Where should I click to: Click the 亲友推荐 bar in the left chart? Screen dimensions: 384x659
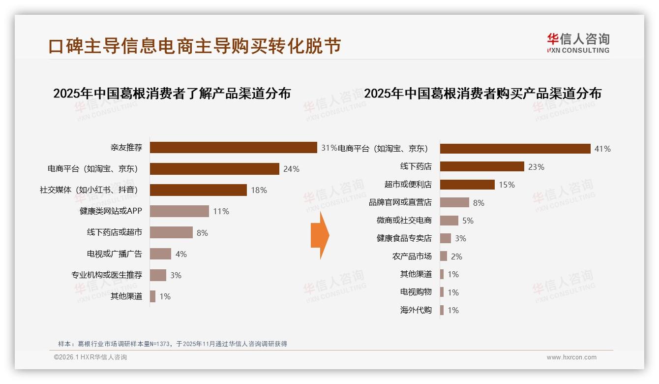click(233, 147)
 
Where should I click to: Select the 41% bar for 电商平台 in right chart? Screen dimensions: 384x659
click(515, 149)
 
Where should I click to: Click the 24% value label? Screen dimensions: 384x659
click(291, 169)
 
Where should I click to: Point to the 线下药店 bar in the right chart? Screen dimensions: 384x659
click(482, 166)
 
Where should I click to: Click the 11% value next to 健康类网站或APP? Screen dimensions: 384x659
click(221, 211)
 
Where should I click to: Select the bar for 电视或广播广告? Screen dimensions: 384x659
click(160, 254)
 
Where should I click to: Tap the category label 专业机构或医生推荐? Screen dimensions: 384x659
click(107, 275)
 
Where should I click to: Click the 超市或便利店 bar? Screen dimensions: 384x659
click(467, 185)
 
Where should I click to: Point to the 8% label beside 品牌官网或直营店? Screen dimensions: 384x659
click(479, 202)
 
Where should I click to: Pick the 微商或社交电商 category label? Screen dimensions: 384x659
click(404, 221)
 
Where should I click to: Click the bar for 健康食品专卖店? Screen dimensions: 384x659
click(445, 238)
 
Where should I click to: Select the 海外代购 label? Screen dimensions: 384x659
click(416, 310)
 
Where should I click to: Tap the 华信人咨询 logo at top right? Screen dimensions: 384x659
click(578, 43)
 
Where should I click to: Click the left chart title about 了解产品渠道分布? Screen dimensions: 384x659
click(172, 93)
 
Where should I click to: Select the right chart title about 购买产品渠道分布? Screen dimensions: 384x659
click(482, 93)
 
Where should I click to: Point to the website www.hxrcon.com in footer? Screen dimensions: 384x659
click(571, 357)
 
